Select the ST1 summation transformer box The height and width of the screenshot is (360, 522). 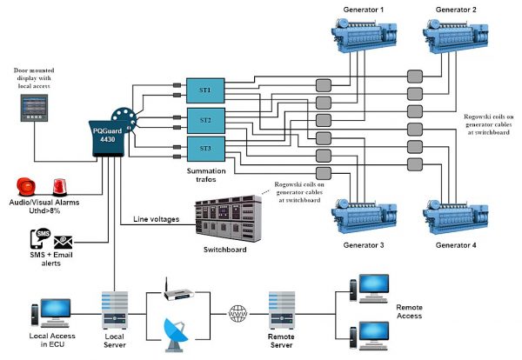206,89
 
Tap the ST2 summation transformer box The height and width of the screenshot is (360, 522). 206,119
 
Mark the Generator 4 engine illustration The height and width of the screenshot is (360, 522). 456,214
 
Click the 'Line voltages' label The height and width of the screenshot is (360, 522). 156,219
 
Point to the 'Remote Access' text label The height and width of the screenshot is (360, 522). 409,311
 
